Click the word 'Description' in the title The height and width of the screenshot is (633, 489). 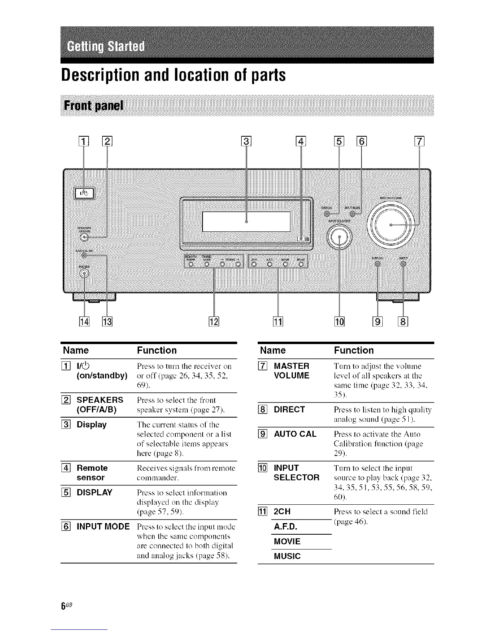[x=103, y=75]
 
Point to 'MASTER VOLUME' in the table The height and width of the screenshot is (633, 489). [x=291, y=370]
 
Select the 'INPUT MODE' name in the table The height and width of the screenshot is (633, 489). [x=103, y=526]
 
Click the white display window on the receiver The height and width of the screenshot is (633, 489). [x=246, y=221]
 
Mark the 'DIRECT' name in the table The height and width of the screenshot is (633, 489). [x=289, y=409]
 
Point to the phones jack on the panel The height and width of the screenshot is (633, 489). [x=84, y=273]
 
